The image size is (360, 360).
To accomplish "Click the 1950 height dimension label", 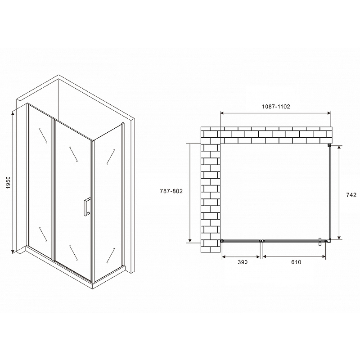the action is click(8, 183).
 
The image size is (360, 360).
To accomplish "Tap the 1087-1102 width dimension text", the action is click(276, 107).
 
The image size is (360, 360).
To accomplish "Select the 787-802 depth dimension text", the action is click(171, 191).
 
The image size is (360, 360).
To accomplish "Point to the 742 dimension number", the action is click(351, 195).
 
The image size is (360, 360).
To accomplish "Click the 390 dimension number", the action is click(243, 262).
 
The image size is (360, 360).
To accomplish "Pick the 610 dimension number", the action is click(296, 262).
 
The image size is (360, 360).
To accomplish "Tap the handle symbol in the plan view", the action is click(319, 242).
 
